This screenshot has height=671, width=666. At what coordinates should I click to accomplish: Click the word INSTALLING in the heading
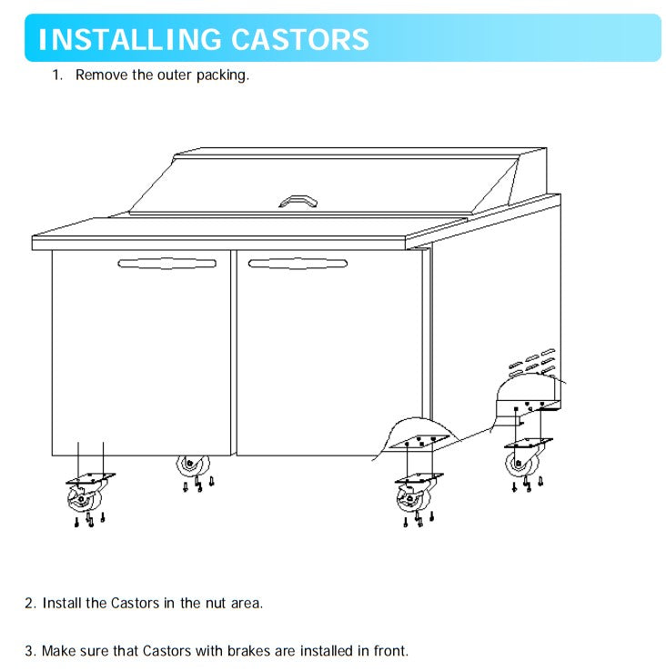pos(130,39)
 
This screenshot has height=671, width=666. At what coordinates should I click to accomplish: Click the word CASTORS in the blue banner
pos(300,39)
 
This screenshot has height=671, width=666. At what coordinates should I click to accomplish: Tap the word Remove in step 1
pos(102,75)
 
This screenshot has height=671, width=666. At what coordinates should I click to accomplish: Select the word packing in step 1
pos(222,75)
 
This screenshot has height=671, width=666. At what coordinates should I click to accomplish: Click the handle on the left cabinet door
pos(167,263)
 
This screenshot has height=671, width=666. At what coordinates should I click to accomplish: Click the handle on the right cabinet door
pos(298,263)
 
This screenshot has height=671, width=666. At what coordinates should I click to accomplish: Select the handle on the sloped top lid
pos(298,201)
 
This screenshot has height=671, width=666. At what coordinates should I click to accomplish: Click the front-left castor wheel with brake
pos(85,499)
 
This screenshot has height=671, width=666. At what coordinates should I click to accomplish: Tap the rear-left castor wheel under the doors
pos(193,466)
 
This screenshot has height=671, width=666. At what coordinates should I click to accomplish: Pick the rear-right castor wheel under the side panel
pos(522,463)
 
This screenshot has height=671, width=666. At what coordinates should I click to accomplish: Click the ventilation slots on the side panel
pos(532,362)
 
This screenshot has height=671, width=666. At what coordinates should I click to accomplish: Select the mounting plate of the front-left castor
pos(90,478)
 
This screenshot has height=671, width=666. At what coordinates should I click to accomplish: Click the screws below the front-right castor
pos(419,519)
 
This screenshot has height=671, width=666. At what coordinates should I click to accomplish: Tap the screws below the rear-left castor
pos(198,484)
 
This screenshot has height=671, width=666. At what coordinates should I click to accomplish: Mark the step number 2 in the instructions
pos(29,604)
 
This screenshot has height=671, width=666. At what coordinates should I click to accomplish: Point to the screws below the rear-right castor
pos(528,484)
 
